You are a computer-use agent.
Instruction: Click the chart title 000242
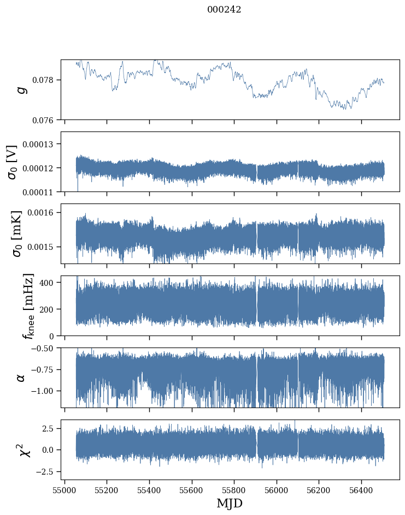pyautogui.click(x=224, y=10)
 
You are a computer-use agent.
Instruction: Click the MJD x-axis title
pyautogui.click(x=230, y=504)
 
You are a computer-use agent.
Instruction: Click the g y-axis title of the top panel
pyautogui.click(x=22, y=89)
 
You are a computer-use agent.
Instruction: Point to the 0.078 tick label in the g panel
pyautogui.click(x=46, y=80)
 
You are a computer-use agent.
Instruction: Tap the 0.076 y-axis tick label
pyautogui.click(x=46, y=119)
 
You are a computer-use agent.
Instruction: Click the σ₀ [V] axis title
pyautogui.click(x=12, y=161)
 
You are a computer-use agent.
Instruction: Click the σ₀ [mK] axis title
pyautogui.click(x=12, y=233)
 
